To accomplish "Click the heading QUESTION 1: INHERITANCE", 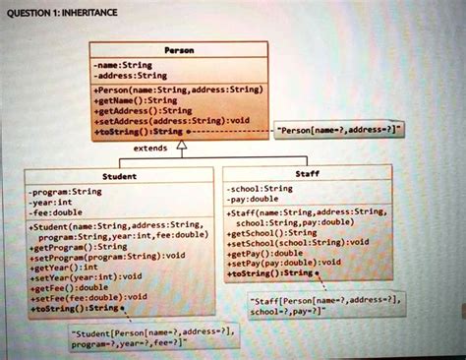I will point(60,12).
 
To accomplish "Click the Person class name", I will point(179,49).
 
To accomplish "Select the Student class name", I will point(119,176).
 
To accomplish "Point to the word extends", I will point(149,148).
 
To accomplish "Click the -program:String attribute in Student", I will point(67,192).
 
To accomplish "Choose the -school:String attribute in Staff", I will point(261,188).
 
